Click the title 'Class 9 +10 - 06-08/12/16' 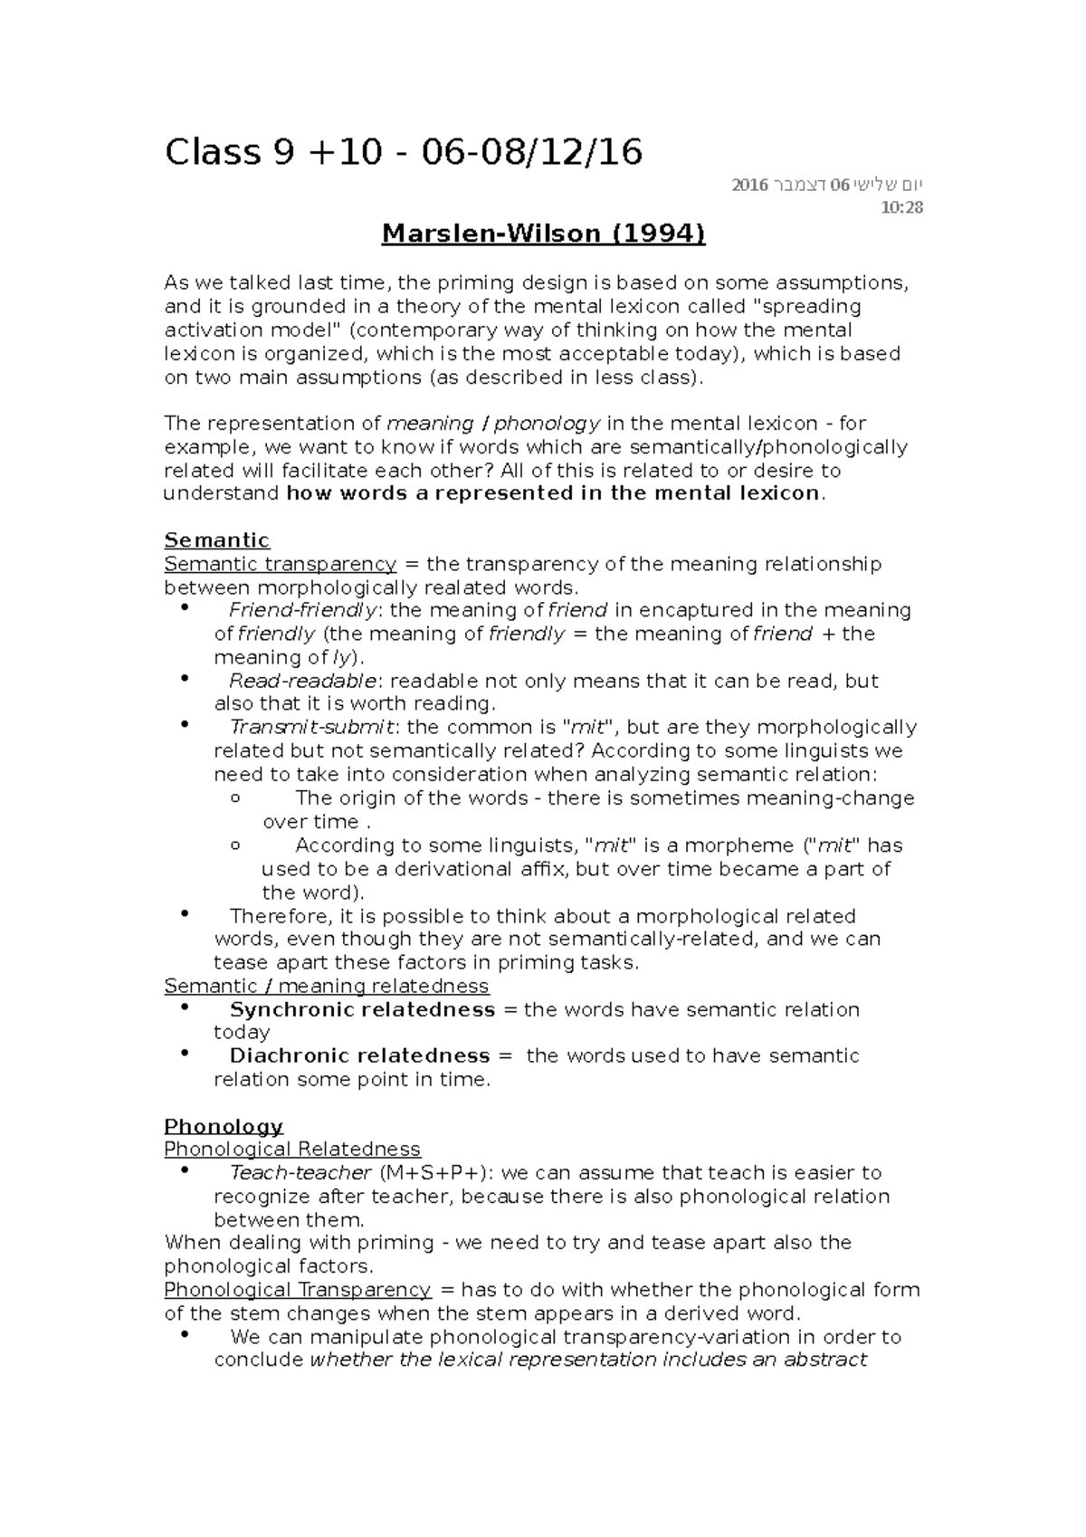[403, 152]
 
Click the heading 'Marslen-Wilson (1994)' [543, 234]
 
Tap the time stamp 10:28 [901, 207]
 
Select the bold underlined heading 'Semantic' [216, 540]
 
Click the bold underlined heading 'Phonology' [223, 1126]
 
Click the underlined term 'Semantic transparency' [280, 564]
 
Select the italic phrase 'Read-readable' [302, 681]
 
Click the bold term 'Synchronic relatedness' [362, 1009]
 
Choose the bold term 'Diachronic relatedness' [359, 1055]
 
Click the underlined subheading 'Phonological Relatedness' [291, 1150]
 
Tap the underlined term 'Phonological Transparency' [297, 1290]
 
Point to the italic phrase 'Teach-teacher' [300, 1173]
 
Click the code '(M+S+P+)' [436, 1173]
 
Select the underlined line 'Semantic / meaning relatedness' [326, 986]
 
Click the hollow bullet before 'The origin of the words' [236, 798]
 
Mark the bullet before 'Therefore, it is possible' [186, 914]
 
